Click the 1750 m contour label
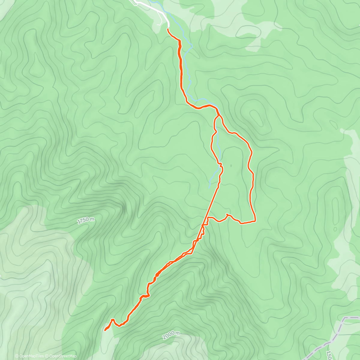[x=85, y=220]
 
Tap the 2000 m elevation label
[x=171, y=335]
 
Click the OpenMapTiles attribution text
[x=29, y=356]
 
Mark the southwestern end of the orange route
[x=105, y=331]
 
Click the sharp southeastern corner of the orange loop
[x=255, y=221]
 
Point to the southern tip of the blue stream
[x=209, y=188]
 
